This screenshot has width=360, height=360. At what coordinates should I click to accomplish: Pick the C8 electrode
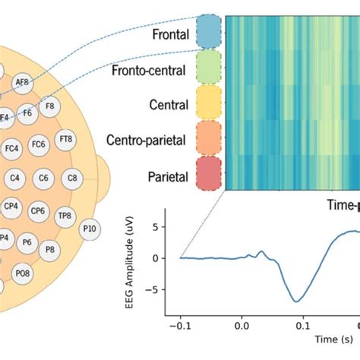point(72,179)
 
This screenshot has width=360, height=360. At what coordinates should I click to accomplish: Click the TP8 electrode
point(66,215)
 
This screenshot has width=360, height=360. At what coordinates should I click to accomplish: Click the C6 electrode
point(44,179)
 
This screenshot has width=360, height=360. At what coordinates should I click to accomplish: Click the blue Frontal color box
point(208,32)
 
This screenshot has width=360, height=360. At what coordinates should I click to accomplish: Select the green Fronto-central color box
point(208,67)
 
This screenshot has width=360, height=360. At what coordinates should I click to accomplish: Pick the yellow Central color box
point(208,102)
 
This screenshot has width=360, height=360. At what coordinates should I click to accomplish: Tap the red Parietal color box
point(208,172)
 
